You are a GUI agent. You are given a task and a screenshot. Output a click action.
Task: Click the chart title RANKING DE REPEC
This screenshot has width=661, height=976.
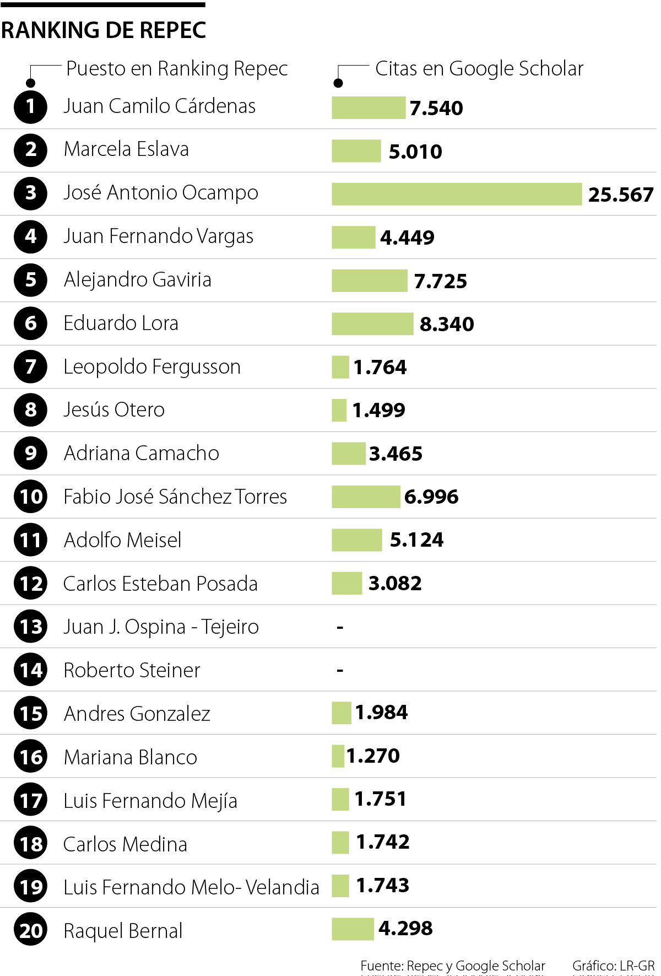coord(104,30)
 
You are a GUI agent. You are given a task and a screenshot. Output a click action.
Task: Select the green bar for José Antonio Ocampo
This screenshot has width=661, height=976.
coord(456,194)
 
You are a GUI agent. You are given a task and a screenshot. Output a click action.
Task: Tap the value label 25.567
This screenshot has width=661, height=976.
coord(621,195)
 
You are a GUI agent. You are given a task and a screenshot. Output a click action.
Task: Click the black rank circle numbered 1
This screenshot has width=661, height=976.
coord(31,106)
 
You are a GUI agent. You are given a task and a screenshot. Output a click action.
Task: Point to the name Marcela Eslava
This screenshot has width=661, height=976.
coord(126,149)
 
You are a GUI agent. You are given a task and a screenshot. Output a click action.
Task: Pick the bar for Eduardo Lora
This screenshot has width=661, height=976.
coord(372,323)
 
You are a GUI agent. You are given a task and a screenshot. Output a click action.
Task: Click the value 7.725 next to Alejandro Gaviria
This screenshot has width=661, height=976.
coord(440,281)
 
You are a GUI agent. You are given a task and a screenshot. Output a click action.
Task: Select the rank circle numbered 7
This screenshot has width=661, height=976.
coord(31,366)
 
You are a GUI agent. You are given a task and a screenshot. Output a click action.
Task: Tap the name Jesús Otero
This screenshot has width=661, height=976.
coord(114,410)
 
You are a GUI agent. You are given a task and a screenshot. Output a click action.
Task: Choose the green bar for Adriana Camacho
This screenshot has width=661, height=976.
coord(348,454)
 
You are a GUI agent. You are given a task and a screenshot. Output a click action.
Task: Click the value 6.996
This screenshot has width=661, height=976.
coord(431,497)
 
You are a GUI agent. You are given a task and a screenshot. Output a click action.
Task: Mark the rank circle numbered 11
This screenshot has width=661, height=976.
coord(31,540)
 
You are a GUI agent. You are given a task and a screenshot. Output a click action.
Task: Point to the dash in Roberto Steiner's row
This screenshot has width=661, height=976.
coord(340,671)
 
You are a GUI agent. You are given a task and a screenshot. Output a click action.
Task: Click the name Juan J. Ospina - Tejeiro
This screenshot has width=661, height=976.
coord(161,627)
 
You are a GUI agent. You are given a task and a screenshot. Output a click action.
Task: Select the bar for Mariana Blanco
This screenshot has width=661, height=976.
coord(338,756)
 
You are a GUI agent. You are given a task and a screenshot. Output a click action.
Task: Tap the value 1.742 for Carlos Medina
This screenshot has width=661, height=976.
coord(383,842)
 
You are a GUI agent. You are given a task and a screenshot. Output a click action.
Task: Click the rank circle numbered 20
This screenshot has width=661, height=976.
coord(31,930)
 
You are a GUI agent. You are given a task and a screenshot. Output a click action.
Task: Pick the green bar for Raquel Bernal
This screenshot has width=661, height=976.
coord(353,929)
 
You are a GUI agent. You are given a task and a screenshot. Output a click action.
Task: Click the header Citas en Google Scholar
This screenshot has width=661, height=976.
coord(479,69)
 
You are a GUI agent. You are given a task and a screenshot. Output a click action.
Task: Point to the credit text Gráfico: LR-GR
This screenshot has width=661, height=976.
coord(613,966)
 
